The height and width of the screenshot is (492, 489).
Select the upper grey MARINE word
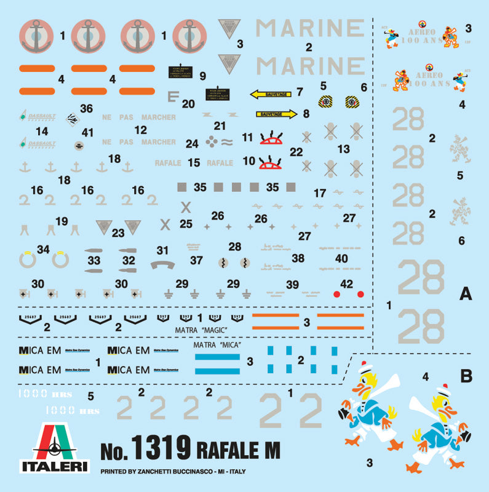309,28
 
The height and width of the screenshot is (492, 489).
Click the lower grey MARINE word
309,66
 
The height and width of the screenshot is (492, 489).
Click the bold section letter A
465,295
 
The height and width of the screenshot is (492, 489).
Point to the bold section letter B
466,375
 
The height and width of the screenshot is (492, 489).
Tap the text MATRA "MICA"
215,346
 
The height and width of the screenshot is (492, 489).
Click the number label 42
347,284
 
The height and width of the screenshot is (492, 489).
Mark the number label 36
86,109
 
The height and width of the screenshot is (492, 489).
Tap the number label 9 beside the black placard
202,76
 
